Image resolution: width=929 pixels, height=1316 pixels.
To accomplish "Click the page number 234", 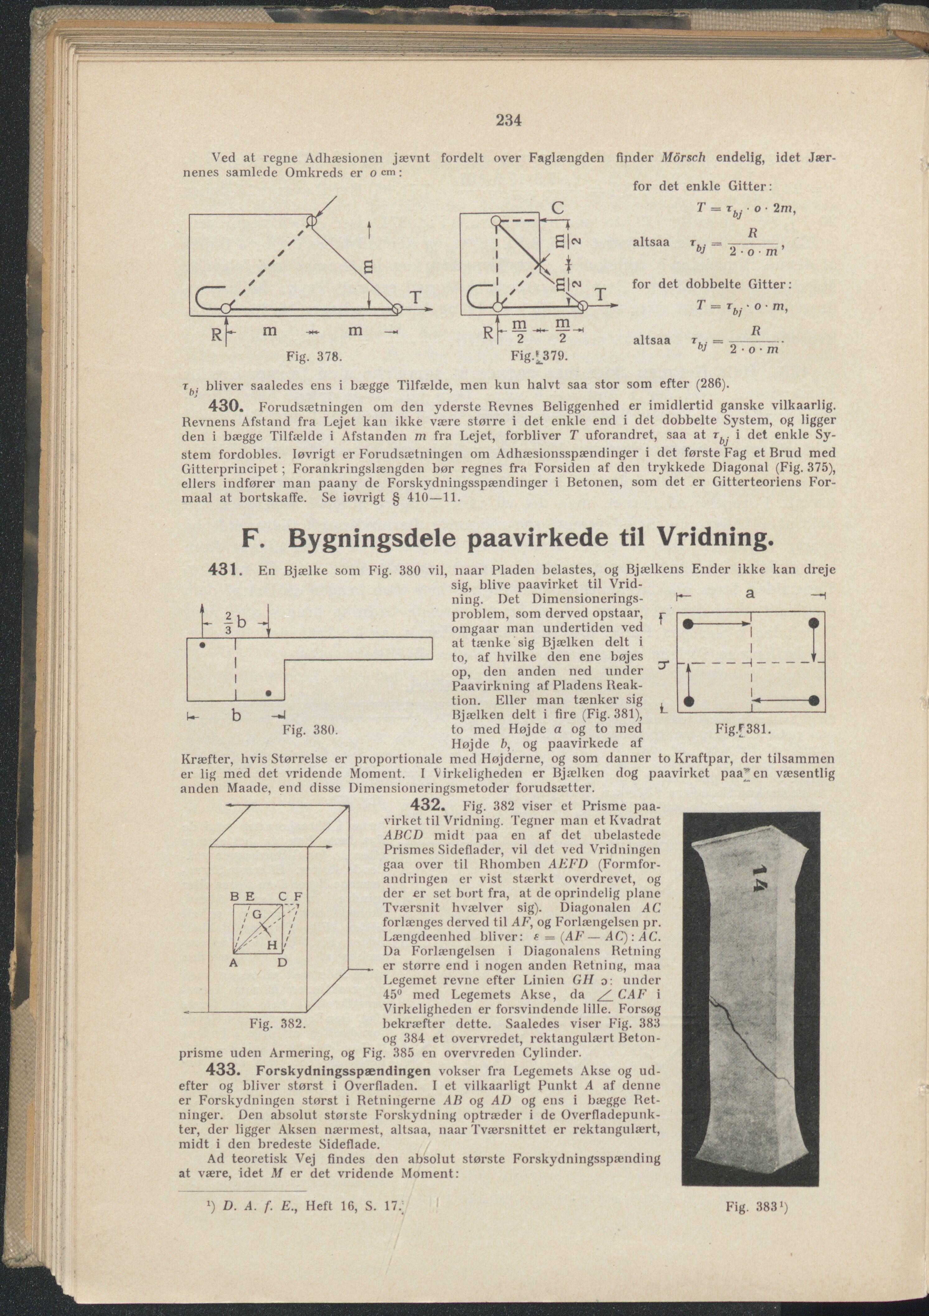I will tap(508, 120).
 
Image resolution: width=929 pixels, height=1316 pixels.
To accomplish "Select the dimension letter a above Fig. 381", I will tap(750, 594).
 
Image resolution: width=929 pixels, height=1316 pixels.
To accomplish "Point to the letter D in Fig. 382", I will tap(282, 962).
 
